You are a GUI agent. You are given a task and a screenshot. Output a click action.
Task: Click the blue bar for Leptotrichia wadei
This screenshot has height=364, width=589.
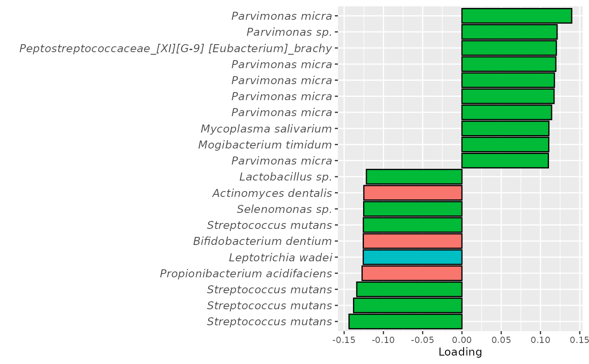[x=412, y=257]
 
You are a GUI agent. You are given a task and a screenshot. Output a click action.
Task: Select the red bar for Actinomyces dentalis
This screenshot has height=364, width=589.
[x=413, y=193]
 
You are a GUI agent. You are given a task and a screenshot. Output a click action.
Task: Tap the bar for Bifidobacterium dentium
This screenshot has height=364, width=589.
[x=412, y=241]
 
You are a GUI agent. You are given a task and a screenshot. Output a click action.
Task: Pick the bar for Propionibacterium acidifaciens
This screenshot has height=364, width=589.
[x=412, y=273]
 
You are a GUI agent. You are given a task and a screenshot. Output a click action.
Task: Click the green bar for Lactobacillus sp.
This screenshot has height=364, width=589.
[x=414, y=177]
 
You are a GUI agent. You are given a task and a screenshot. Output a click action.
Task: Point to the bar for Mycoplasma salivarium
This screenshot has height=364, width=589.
[x=505, y=128]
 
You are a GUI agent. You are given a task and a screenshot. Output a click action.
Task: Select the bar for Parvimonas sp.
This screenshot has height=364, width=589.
[x=509, y=32]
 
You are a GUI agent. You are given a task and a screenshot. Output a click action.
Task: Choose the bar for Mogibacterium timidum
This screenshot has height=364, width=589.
[x=505, y=144]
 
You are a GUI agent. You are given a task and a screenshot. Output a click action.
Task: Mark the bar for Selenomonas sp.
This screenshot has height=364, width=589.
[x=413, y=209]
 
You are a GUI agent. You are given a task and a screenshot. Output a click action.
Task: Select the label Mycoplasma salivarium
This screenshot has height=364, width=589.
[x=266, y=128]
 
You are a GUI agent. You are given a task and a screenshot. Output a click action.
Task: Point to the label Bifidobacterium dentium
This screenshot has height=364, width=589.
[x=263, y=241]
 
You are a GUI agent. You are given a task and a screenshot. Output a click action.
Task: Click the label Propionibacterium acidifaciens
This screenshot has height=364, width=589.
[x=246, y=274]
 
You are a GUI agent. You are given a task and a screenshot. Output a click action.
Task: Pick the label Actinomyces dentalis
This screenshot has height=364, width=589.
[x=272, y=193]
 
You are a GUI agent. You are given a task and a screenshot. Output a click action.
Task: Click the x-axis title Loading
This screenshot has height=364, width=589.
[x=460, y=352]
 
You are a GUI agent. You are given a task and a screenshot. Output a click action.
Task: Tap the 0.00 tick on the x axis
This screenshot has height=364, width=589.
[x=462, y=339]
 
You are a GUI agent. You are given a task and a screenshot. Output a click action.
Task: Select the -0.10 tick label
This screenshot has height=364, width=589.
[x=383, y=339]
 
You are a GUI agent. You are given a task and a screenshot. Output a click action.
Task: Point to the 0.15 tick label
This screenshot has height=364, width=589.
[x=580, y=339]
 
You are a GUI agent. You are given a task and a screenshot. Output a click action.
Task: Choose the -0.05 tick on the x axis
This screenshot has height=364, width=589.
[x=422, y=339]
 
